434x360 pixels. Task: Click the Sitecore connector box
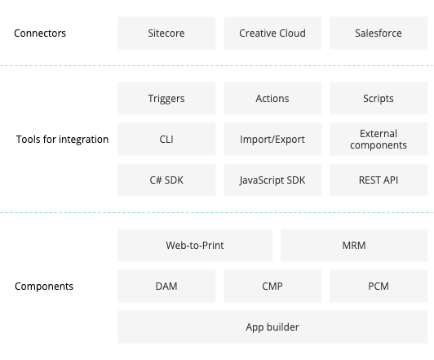pyautogui.click(x=166, y=33)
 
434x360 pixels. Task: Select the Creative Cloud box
pyautogui.click(x=272, y=33)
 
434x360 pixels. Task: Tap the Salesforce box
pyautogui.click(x=379, y=33)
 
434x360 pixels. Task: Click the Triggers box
pyautogui.click(x=166, y=98)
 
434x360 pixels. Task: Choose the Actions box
pyautogui.click(x=272, y=98)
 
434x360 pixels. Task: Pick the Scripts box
pyautogui.click(x=379, y=98)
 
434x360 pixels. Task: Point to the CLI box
pyautogui.click(x=166, y=140)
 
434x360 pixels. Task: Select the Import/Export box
pyautogui.click(x=272, y=140)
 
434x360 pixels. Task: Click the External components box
pyautogui.click(x=379, y=140)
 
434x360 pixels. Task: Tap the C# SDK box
pyautogui.click(x=166, y=180)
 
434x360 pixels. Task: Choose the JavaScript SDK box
pyautogui.click(x=272, y=180)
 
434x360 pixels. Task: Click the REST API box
pyautogui.click(x=379, y=180)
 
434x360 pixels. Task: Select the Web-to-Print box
pyautogui.click(x=195, y=246)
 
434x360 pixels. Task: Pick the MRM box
pyautogui.click(x=354, y=246)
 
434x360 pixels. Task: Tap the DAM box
pyautogui.click(x=166, y=286)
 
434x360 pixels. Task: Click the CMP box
pyautogui.click(x=272, y=286)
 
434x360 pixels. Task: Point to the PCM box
pyautogui.click(x=379, y=286)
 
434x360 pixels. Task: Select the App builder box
pyautogui.click(x=272, y=327)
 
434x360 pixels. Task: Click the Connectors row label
pyautogui.click(x=40, y=33)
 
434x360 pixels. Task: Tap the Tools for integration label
pyautogui.click(x=62, y=140)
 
